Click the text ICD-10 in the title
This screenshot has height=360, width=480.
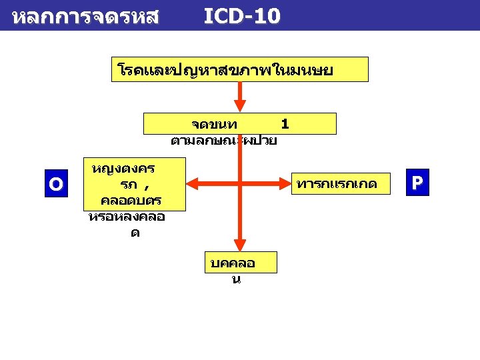pos(241,16)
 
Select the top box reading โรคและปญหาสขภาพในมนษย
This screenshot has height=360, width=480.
pos(239,69)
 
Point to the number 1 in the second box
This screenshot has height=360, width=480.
pos(285,124)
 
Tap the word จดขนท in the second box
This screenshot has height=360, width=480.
pos(209,125)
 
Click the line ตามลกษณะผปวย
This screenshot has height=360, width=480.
pos(224,141)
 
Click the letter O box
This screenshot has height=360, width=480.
pos(56,183)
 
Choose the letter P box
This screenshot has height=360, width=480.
pos(417,183)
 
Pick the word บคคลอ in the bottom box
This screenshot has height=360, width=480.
pos(233,263)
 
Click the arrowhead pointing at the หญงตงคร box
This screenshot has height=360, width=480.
pos(192,181)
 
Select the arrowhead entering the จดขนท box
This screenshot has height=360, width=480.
pos(240,106)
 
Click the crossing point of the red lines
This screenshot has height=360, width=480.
pos(240,181)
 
